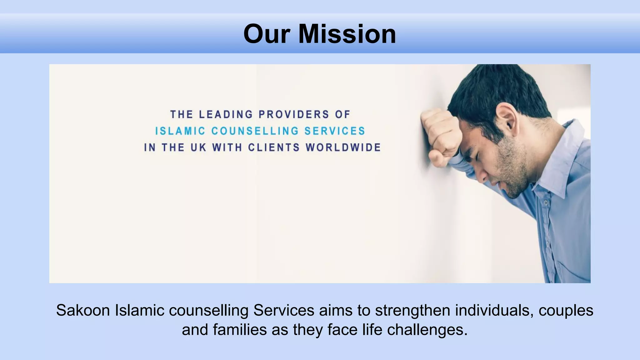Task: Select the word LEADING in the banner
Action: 226,114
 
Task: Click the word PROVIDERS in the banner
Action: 294,114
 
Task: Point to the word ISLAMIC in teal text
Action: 180,131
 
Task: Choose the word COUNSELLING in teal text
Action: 255,131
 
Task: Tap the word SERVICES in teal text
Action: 335,131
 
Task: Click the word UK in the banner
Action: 198,147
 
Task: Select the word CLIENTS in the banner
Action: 274,147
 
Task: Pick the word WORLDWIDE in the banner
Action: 343,147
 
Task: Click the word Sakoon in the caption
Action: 83,311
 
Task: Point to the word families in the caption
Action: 240,330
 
